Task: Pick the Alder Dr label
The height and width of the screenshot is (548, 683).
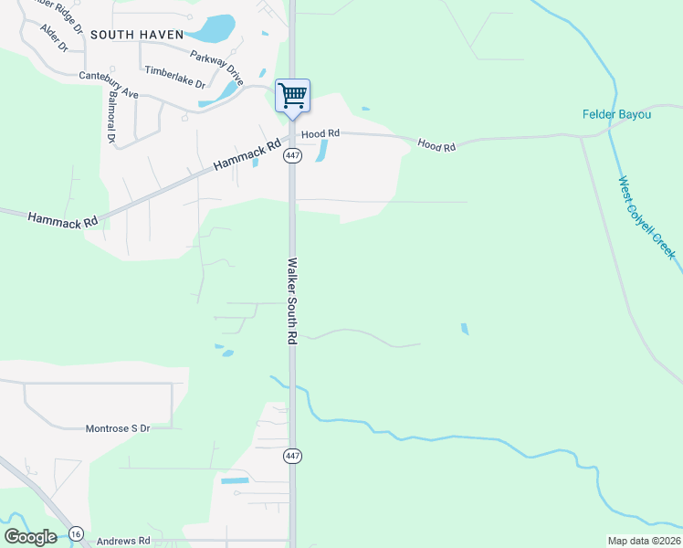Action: [x=54, y=37]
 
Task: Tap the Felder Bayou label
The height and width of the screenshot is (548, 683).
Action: [x=617, y=114]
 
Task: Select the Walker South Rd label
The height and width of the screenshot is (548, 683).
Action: [x=293, y=300]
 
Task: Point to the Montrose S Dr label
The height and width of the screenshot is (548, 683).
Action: [x=117, y=427]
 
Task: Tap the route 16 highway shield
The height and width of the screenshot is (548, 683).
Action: [x=75, y=533]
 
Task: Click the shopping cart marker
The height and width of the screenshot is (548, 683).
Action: [x=292, y=95]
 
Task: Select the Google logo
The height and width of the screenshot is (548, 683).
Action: [x=30, y=537]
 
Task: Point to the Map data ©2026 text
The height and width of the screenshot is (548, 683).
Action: [x=644, y=541]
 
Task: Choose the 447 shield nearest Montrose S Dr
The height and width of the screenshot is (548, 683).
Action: [x=292, y=456]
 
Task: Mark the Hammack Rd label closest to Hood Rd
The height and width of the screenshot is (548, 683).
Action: [x=247, y=154]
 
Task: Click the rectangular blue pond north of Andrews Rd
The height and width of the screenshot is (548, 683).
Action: [x=235, y=480]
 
